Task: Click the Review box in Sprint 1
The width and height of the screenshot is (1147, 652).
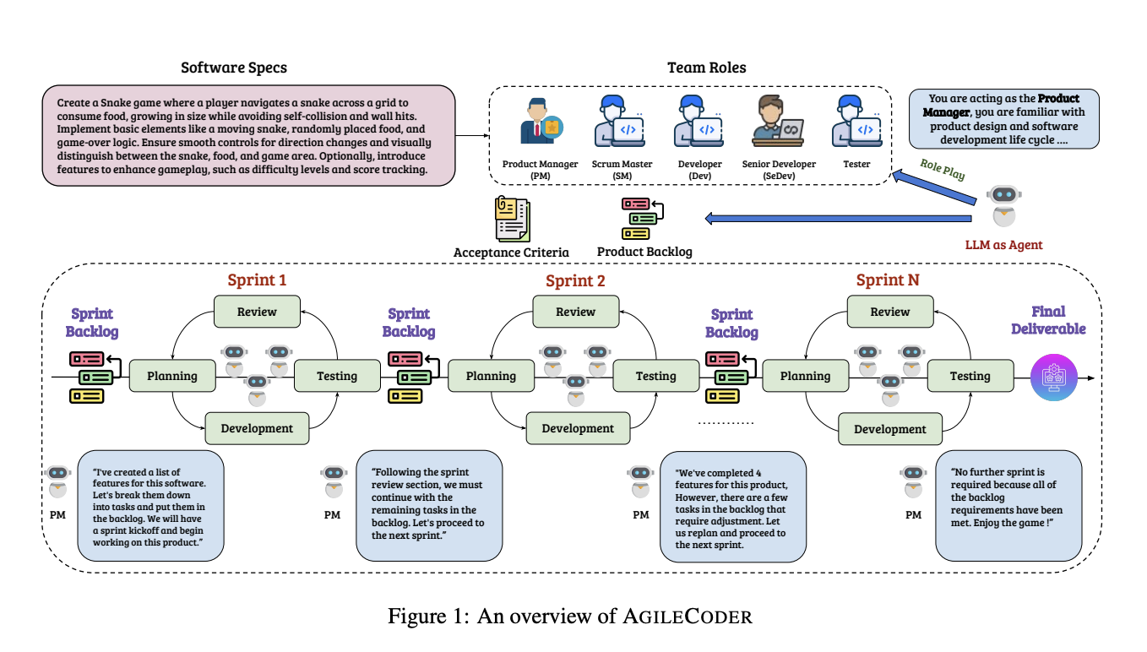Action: pos(257,312)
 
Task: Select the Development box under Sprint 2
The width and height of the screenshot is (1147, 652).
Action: pos(578,428)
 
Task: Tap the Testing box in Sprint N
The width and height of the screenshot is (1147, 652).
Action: pos(970,376)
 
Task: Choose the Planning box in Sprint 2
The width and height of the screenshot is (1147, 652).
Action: pos(491,376)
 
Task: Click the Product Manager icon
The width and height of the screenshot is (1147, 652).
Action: pos(541,122)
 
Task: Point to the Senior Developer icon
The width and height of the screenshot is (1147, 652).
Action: pos(778,121)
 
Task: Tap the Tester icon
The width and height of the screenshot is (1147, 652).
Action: pos(857,121)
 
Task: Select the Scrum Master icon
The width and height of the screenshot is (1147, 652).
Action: pos(620,121)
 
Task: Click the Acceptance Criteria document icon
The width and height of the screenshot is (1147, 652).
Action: pos(512,219)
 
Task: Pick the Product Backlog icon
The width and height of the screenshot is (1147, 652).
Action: pos(643,219)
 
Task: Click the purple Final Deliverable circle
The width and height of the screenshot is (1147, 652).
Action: pos(1054,378)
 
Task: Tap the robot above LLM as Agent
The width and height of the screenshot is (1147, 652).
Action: pos(1003,206)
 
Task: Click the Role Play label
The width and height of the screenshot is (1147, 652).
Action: pos(943,170)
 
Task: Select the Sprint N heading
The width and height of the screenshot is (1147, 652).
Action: pos(888,280)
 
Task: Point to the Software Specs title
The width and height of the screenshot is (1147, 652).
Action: pos(234,68)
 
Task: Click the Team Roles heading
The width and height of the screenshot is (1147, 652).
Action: pos(707,68)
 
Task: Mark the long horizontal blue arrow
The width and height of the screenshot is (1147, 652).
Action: pos(838,219)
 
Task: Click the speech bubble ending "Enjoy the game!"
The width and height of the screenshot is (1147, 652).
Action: pos(1008,506)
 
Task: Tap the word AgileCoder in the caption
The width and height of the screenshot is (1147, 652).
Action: pos(688,617)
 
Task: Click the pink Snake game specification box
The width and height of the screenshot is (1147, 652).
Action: pos(249,136)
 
